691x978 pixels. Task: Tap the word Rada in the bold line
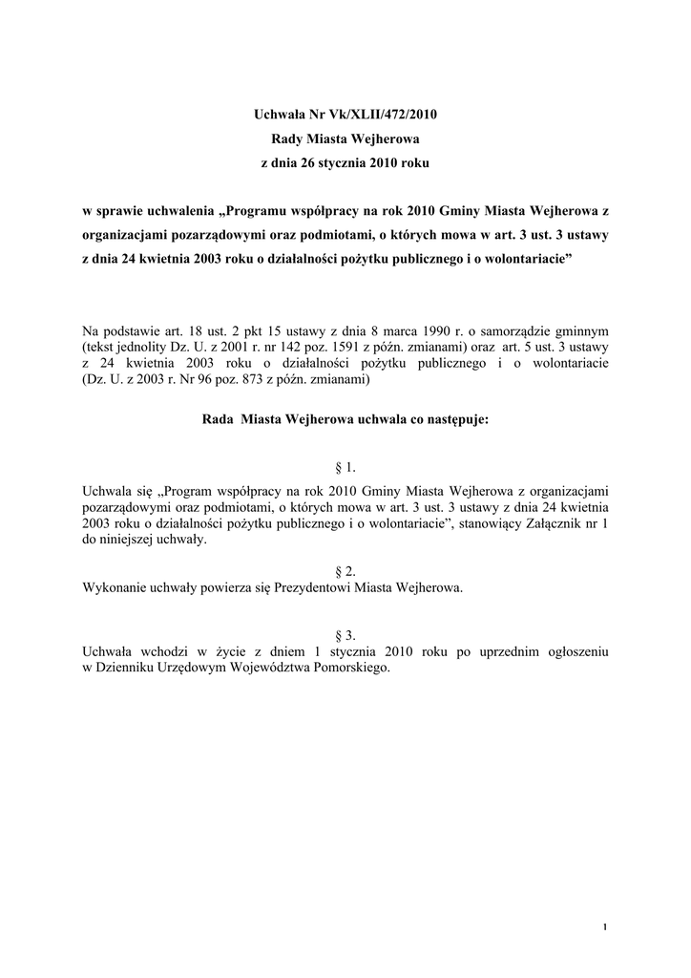click(x=219, y=418)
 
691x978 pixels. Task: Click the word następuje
click(x=449, y=418)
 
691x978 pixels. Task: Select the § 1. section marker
click(x=345, y=467)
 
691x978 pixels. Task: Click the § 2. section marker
click(x=345, y=571)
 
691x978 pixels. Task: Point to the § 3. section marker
click(x=345, y=635)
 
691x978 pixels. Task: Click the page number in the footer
click(x=606, y=927)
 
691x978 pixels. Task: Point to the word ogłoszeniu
click(x=569, y=651)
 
